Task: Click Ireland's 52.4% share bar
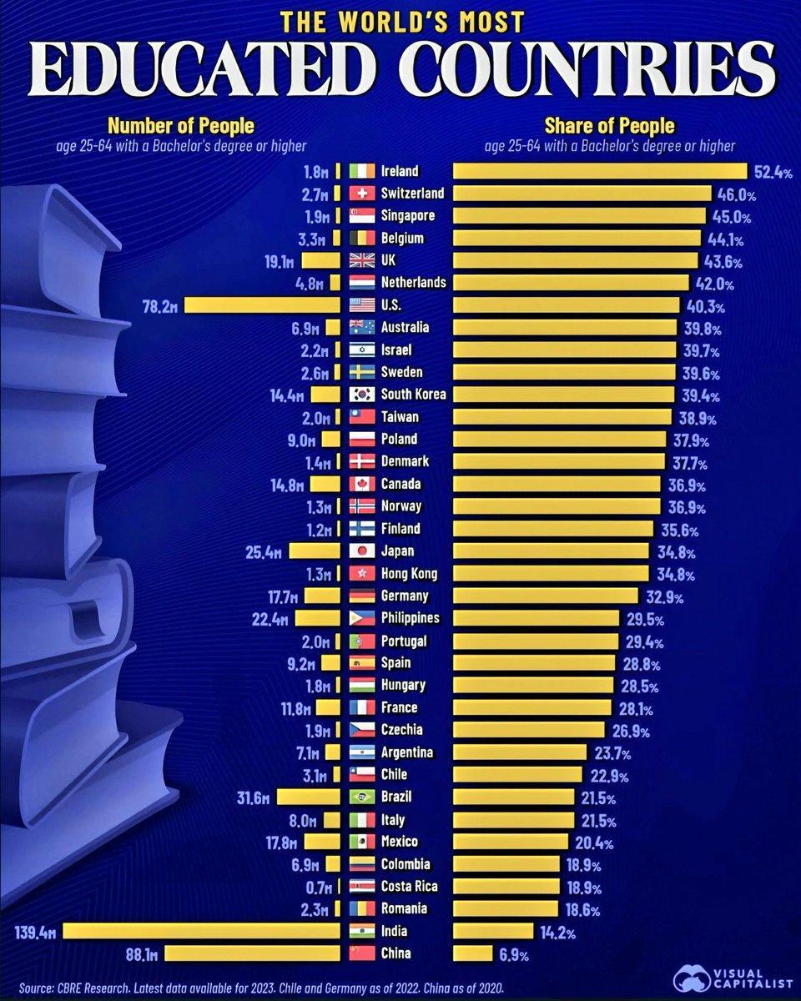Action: click(599, 171)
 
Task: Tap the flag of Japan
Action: click(362, 551)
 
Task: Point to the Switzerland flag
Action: click(362, 194)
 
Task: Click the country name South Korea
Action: click(413, 395)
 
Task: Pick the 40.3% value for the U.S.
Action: click(707, 305)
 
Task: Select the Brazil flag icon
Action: click(362, 797)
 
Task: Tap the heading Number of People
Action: click(181, 127)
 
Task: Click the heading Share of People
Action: click(610, 127)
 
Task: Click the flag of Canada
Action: click(362, 484)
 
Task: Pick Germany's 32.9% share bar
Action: click(547, 596)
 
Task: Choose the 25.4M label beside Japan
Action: click(270, 551)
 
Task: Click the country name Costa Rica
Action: click(409, 886)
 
